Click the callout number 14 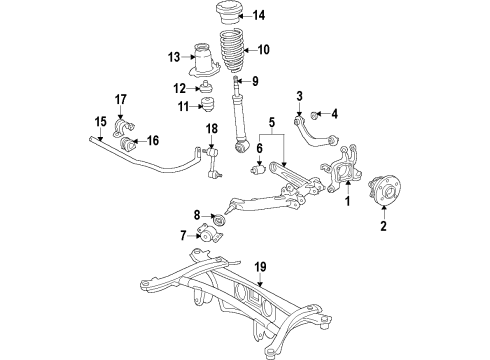pyautogui.click(x=259, y=15)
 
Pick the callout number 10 pyautogui.click(x=264, y=50)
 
